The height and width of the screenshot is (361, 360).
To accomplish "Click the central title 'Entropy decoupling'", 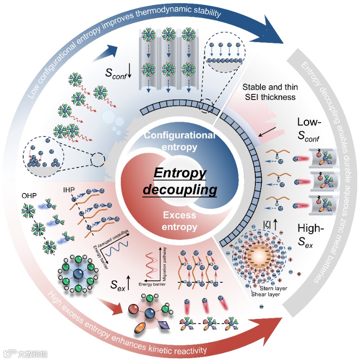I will tap(179, 181).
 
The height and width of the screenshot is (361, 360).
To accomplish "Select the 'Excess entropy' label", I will tap(179, 221).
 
